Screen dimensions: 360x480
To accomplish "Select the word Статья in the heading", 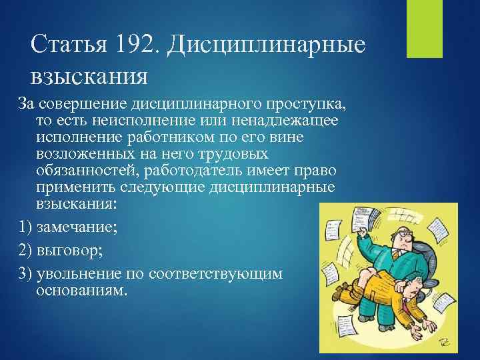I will pyautogui.click(x=65, y=45).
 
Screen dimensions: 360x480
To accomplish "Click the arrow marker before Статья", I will pyautogui.click(x=19, y=45).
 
